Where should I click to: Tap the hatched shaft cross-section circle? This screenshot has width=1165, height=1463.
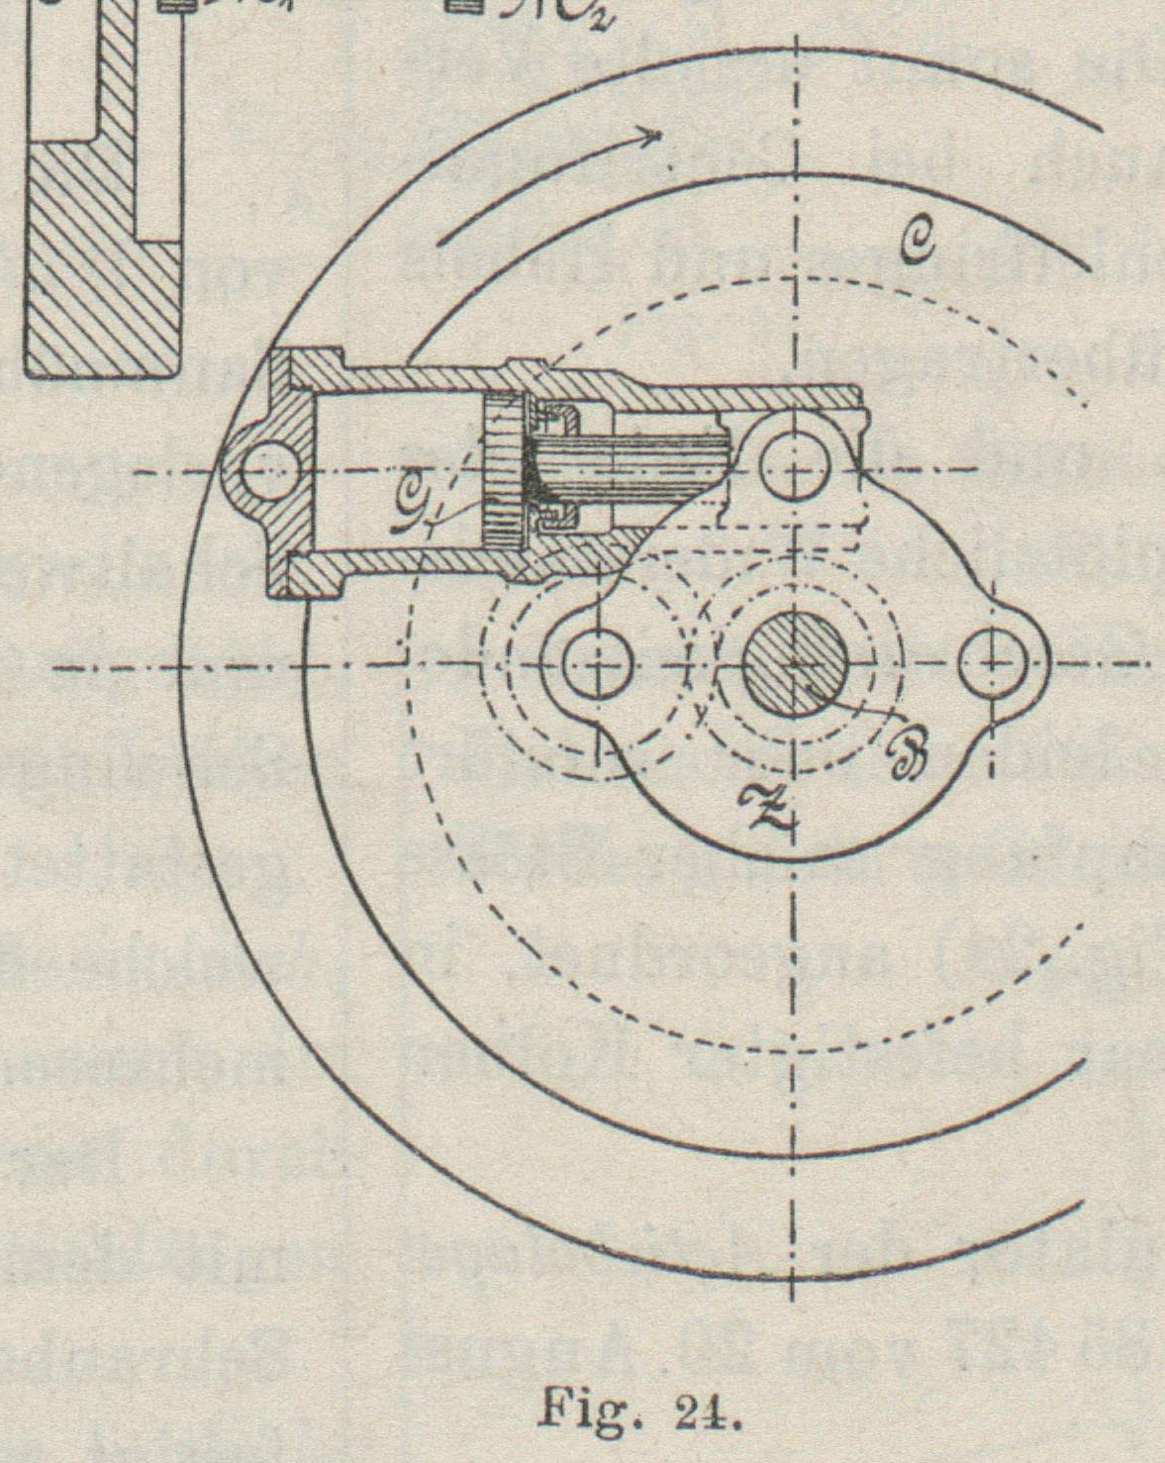pyautogui.click(x=795, y=665)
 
